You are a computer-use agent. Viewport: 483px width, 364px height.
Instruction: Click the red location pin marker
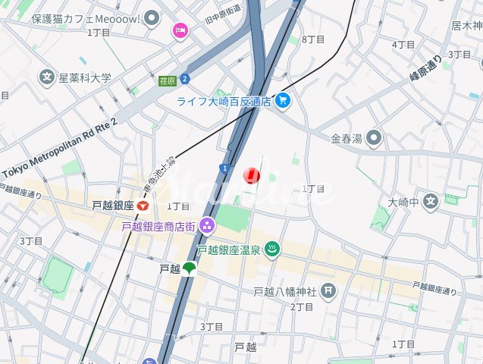click(251, 176)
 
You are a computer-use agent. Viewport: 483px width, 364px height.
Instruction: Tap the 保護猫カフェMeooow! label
click(86, 17)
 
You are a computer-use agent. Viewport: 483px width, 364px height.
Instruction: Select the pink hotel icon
click(180, 30)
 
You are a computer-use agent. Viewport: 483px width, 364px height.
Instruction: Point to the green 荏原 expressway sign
click(168, 79)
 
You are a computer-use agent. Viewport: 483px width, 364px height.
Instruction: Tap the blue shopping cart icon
click(283, 100)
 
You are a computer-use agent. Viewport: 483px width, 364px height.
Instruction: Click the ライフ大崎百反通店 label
click(224, 101)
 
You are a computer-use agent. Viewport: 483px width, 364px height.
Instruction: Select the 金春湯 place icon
click(372, 138)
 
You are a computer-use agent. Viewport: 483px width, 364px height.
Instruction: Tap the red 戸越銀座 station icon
click(144, 206)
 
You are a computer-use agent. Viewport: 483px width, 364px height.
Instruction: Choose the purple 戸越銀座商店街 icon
click(208, 225)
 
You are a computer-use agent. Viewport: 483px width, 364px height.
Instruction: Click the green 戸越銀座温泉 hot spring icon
click(273, 249)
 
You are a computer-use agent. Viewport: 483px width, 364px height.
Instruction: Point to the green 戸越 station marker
click(190, 268)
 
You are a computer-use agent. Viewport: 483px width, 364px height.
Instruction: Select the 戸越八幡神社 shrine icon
click(328, 290)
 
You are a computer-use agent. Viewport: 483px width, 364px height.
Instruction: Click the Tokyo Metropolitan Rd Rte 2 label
click(60, 149)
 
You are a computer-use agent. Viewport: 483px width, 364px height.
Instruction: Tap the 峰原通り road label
click(425, 68)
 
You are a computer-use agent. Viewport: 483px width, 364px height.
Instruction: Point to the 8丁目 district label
click(313, 39)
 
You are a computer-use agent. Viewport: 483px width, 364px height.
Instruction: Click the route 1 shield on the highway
click(224, 167)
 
